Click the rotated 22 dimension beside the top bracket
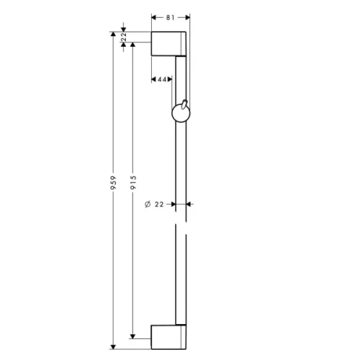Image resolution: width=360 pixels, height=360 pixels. click(x=124, y=37)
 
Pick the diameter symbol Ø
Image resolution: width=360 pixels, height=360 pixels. click(x=147, y=204)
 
